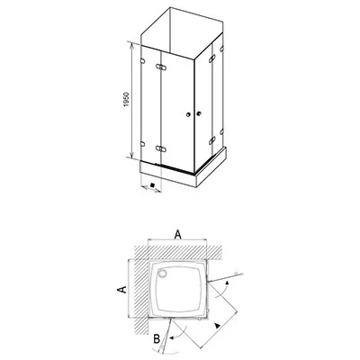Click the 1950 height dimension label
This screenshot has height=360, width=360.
126,99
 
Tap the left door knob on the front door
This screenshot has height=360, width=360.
188,114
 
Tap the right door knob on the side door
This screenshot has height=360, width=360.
198,113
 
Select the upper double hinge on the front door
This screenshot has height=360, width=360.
161,67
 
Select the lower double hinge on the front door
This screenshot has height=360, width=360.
161,148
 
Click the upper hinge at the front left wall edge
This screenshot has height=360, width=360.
142,61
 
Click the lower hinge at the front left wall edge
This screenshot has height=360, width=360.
142,144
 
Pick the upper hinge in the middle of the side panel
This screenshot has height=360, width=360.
212,58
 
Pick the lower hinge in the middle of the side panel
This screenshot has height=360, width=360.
212,140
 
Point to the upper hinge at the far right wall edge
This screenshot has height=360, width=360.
221,49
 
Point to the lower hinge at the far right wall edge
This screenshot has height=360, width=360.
221,131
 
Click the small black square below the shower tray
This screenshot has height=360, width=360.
152,185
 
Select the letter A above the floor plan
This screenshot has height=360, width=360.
178,235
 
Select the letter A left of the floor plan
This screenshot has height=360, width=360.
121,290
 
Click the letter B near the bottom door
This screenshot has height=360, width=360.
157,339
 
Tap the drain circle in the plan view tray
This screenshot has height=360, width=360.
163,274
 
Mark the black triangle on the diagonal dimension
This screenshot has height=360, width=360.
217,326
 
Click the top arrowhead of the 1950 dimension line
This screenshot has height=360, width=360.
131,45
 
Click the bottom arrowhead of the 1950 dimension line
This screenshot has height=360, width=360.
131,154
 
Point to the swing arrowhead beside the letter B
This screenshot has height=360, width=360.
172,338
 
